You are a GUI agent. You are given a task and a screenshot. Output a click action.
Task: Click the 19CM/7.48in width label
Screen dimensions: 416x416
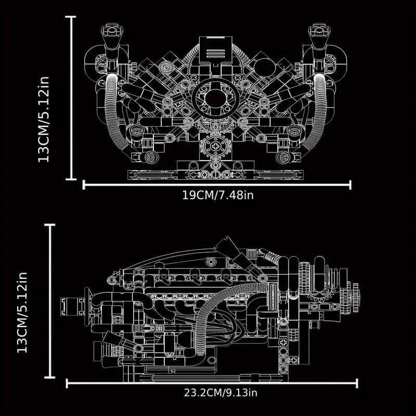(x=217, y=196)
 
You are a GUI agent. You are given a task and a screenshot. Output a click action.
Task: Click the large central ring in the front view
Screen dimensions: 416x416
(x=216, y=99)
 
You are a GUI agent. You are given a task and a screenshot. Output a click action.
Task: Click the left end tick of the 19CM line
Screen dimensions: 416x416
(x=84, y=185)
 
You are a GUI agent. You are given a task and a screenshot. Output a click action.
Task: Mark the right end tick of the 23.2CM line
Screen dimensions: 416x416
(x=357, y=383)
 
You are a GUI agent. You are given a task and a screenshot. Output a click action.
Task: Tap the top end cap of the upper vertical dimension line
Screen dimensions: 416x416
(x=71, y=17)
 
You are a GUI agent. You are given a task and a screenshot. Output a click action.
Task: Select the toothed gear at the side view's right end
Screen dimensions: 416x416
(x=354, y=296)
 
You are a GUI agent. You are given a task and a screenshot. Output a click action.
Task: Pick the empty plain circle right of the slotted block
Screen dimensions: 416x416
(x=263, y=68)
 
